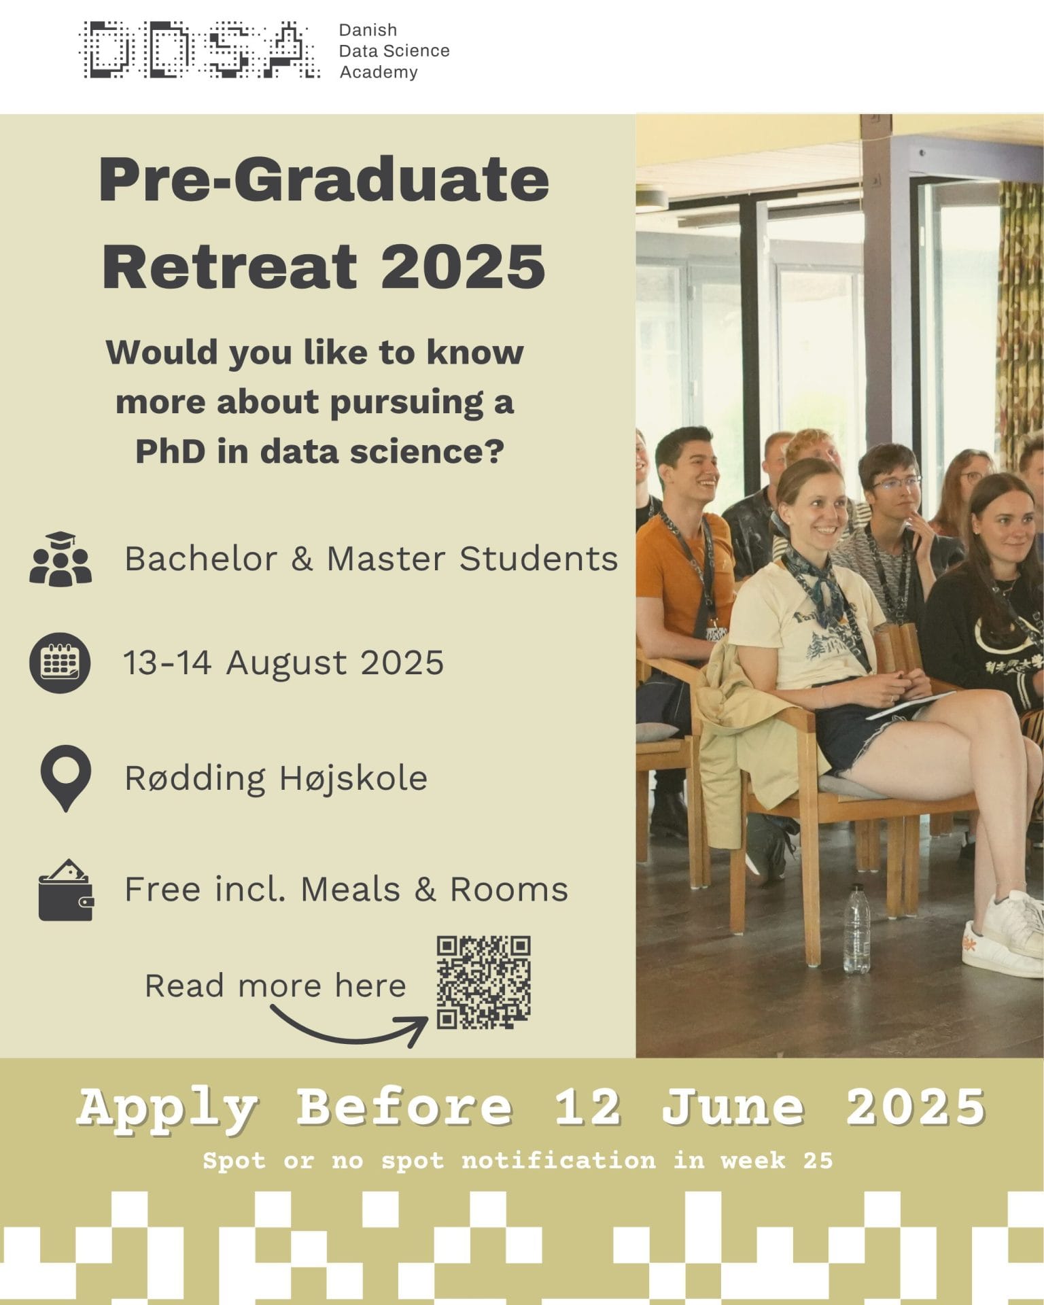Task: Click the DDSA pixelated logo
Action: [199, 50]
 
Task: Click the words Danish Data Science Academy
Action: [394, 51]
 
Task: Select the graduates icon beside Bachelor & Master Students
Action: [60, 559]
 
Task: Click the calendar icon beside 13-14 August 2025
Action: [60, 663]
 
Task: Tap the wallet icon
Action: [66, 890]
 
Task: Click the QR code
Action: [483, 982]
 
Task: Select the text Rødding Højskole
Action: [276, 778]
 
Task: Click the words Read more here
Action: [275, 986]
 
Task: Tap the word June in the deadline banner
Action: [733, 1107]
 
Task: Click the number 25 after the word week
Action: [818, 1160]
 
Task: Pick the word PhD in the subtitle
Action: [171, 451]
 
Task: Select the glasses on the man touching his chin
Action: [896, 483]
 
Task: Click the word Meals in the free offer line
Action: [350, 890]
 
